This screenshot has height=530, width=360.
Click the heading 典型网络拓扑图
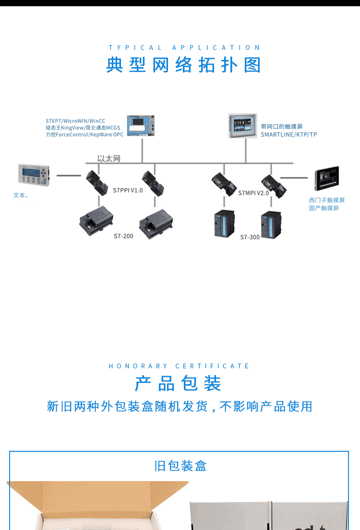click(x=184, y=65)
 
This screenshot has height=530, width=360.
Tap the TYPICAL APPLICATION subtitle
click(x=184, y=47)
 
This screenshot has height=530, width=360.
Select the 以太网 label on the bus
click(x=109, y=159)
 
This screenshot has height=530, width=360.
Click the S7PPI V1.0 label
click(x=128, y=190)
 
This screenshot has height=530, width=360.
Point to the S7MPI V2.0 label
click(x=253, y=193)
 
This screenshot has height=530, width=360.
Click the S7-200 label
click(x=123, y=236)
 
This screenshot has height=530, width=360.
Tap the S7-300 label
click(x=250, y=237)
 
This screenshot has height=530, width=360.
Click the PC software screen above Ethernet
click(x=141, y=125)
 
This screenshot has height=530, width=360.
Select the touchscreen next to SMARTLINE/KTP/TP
click(x=243, y=125)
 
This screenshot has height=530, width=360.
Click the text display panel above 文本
click(x=34, y=175)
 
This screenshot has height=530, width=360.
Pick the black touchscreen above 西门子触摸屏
click(x=326, y=178)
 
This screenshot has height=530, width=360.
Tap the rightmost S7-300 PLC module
click(x=271, y=225)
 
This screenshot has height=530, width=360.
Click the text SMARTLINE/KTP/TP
click(x=289, y=134)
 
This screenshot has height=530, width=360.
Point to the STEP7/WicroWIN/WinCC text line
click(x=75, y=121)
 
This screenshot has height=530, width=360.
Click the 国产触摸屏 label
click(x=324, y=208)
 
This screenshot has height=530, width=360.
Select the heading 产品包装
click(x=178, y=383)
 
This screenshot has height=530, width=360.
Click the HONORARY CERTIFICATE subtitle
click(x=179, y=366)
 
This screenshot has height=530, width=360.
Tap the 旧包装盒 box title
click(x=180, y=466)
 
